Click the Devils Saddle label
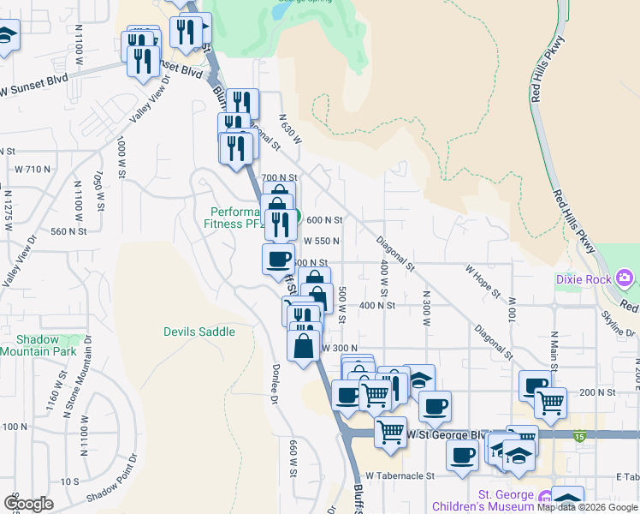pyautogui.click(x=199, y=332)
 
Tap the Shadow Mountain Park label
pyautogui.click(x=38, y=344)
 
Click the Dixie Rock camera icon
pyautogui.click(x=625, y=278)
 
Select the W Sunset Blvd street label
pyautogui.click(x=33, y=89)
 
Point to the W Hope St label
pyautogui.click(x=483, y=280)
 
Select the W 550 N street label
pyautogui.click(x=322, y=242)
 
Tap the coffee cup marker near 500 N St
pyautogui.click(x=278, y=259)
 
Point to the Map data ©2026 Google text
pyautogui.click(x=587, y=508)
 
